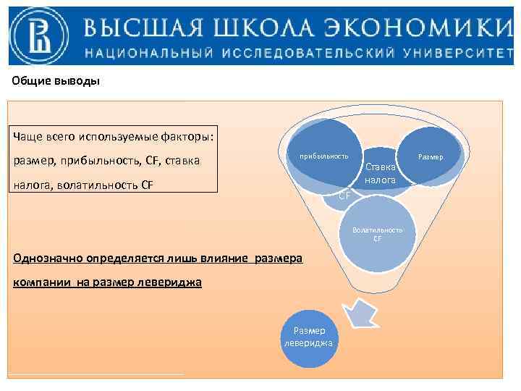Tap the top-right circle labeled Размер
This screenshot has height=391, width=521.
pos(431,156)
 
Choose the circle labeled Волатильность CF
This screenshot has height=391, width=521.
pos(378,233)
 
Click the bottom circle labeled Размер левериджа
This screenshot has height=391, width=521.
pos(308,336)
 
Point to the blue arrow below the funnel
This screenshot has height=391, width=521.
pos(363,311)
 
